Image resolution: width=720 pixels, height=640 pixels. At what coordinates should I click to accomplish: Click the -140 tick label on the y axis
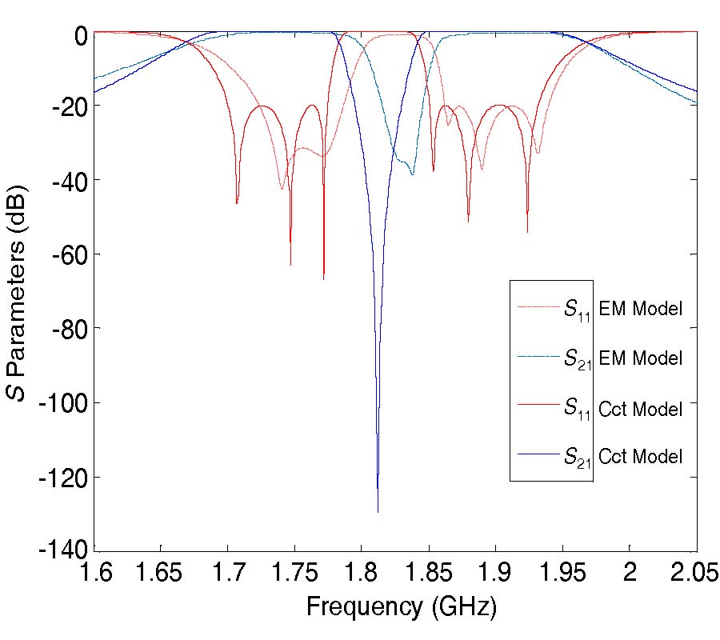pos(62,552)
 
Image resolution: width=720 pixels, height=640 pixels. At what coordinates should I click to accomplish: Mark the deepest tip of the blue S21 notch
pos(378,511)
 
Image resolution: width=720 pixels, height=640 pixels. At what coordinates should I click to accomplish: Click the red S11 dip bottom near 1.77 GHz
pos(323,278)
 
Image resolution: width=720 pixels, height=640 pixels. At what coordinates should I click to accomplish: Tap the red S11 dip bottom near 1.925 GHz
pos(527,232)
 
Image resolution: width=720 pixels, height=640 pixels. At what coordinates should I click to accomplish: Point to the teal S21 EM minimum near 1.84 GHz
pos(412,174)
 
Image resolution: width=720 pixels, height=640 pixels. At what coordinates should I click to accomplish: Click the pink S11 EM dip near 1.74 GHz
pos(282,189)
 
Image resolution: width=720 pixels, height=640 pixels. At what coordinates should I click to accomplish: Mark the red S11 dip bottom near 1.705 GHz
pos(237,203)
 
